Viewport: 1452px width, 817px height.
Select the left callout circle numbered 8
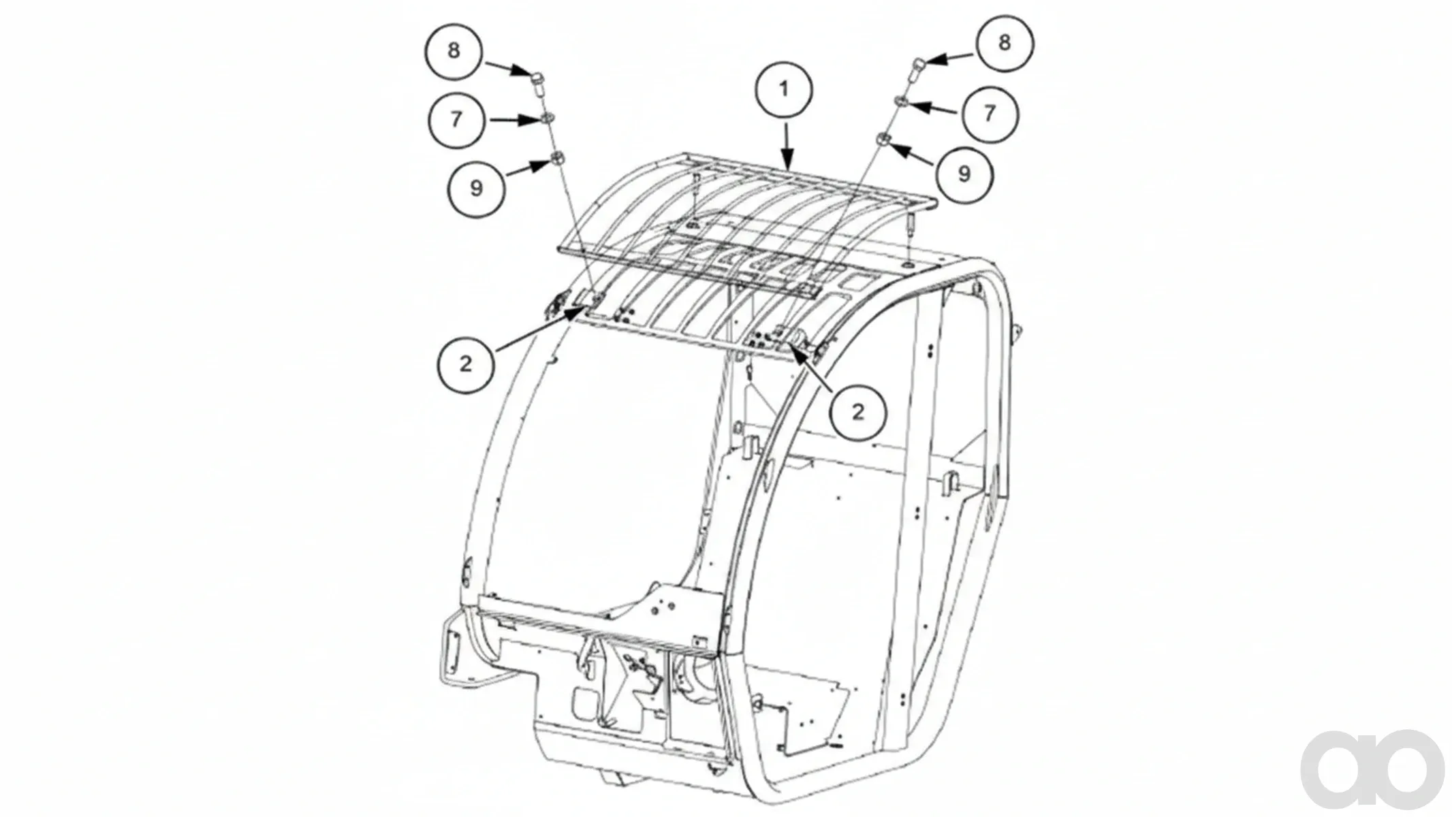click(x=454, y=51)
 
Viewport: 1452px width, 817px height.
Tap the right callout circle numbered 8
click(x=1005, y=43)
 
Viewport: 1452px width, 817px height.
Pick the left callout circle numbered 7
click(x=456, y=119)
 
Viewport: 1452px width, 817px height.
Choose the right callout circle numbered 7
click(x=990, y=113)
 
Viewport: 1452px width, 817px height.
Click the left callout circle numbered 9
click(x=477, y=188)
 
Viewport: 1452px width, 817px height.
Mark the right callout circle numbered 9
click(x=964, y=174)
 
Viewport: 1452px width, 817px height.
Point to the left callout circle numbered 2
click(x=466, y=364)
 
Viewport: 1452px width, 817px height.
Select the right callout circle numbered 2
click(x=858, y=412)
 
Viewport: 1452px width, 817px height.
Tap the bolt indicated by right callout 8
click(x=917, y=69)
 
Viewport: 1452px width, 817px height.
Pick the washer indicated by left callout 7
click(x=547, y=120)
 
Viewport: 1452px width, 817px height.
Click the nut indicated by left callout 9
click(x=556, y=159)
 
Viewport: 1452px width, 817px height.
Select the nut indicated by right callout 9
click(x=883, y=140)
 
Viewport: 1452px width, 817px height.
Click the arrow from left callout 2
click(x=540, y=329)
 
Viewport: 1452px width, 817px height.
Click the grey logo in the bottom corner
click(x=1372, y=770)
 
